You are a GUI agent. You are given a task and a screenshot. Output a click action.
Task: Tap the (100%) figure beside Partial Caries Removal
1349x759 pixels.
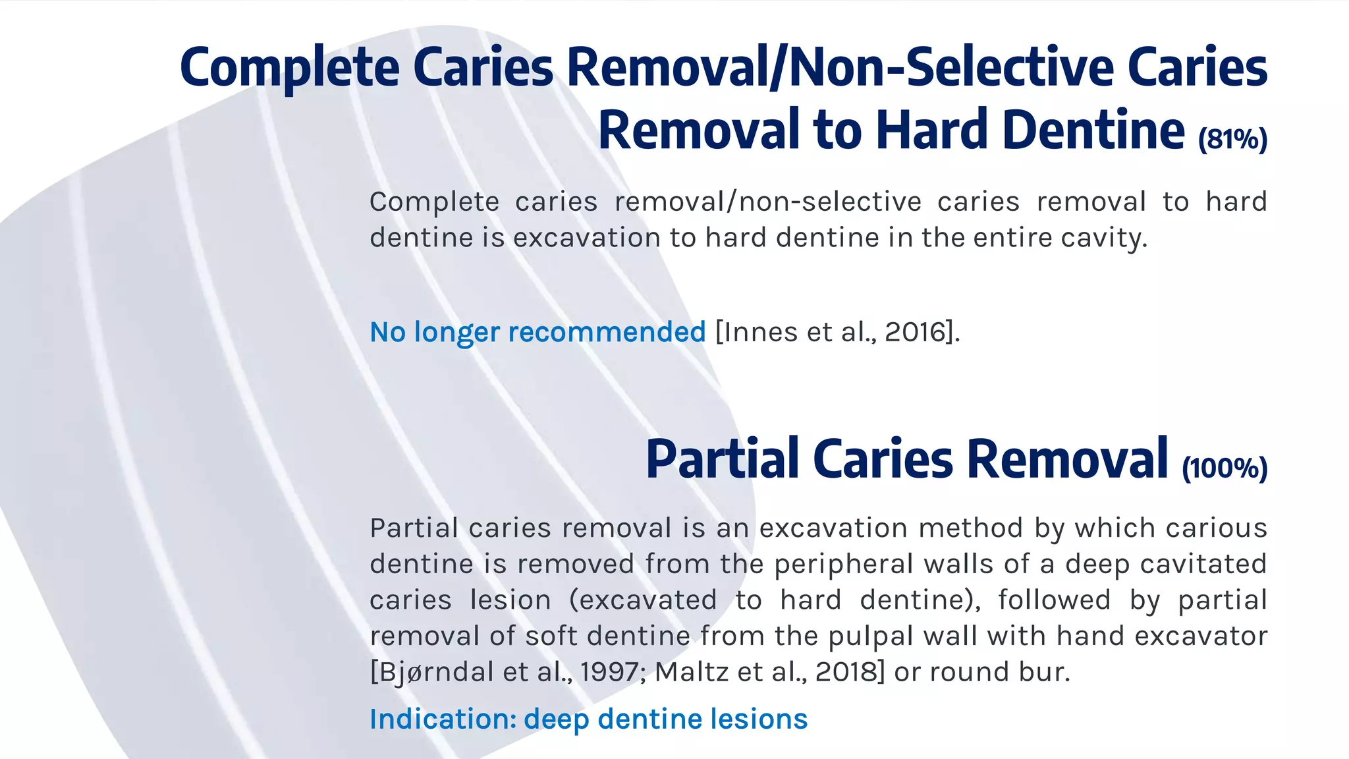pos(1225,468)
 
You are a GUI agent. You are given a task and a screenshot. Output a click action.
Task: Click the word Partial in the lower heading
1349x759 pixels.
pos(721,459)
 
